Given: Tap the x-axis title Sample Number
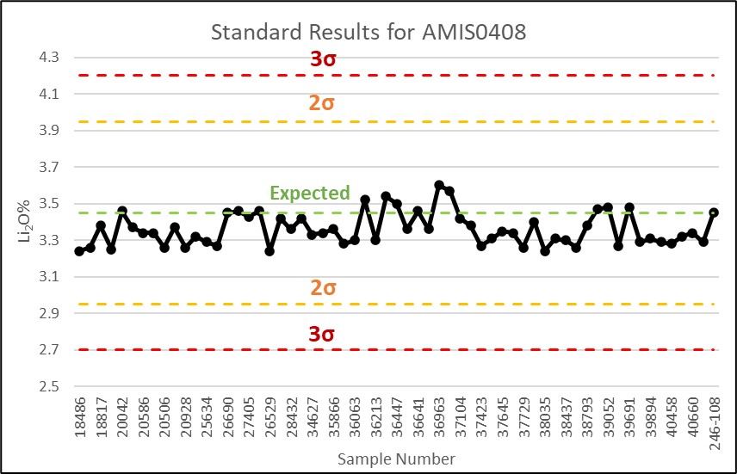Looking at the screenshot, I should tap(396, 458).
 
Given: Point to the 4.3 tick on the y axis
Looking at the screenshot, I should tap(48, 58).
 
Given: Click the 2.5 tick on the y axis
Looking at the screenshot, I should tap(48, 386).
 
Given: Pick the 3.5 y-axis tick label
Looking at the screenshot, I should tap(48, 204).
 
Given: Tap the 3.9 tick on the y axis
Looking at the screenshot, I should tap(48, 131).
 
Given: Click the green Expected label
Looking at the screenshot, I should tap(310, 193).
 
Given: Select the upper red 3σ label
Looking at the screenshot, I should tap(323, 59).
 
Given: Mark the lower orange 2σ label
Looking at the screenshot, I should tap(323, 288).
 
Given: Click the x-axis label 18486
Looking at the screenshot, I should tap(79, 419).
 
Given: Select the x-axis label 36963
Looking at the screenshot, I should tap(439, 419).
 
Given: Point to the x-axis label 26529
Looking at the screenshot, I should tap(269, 419).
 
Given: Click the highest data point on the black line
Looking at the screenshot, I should tap(439, 185).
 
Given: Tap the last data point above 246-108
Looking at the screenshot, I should tap(714, 212).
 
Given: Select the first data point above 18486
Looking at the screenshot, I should tap(79, 251).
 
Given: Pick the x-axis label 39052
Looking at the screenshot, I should tap(608, 419).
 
